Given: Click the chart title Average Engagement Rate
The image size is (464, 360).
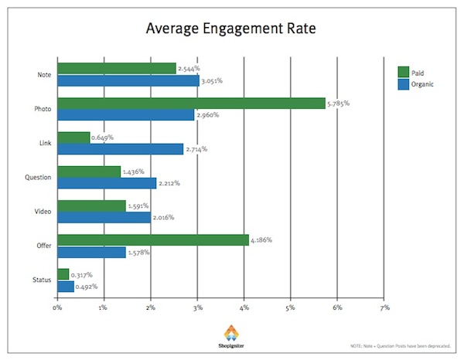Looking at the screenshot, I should pos(232,30).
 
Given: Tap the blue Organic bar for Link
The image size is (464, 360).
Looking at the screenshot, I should pos(121,149).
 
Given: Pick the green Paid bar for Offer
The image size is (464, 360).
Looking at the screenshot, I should pos(153,240).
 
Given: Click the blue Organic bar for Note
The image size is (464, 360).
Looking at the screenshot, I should pos(128,80).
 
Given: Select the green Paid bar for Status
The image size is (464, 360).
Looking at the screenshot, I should pos(63,274).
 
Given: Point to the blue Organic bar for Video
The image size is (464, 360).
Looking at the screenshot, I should pos(104,218).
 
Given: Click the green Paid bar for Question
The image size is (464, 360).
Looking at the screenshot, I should pos(89,172).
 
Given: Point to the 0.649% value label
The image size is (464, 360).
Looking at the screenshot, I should pos(103,138).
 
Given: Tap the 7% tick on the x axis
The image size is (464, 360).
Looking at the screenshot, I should pos(384,307).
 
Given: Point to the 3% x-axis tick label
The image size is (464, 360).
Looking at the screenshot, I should pos(197,307).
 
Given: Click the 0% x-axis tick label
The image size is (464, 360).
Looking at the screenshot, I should pos(57,307).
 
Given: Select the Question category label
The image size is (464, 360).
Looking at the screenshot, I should pos(37,178).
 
